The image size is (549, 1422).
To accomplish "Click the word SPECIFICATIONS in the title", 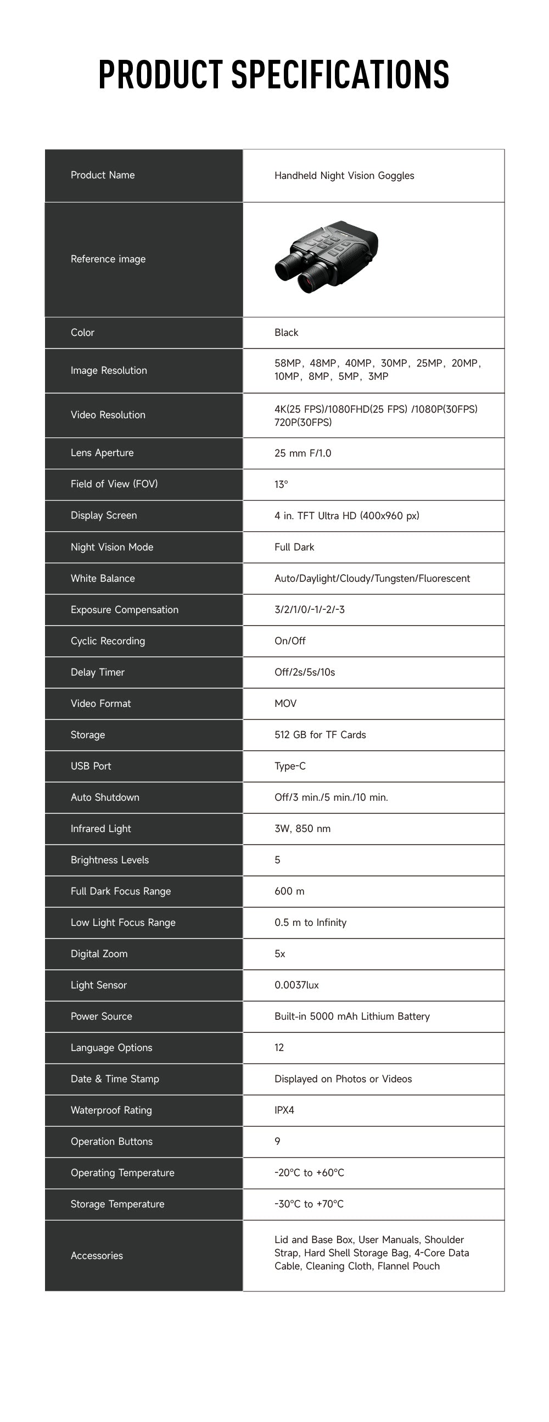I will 340,75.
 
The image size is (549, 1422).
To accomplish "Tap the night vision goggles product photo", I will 327,257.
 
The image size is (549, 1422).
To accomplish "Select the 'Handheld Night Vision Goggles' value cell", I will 344,176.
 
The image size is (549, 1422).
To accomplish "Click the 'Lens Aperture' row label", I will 102,453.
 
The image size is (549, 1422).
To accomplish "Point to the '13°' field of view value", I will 281,484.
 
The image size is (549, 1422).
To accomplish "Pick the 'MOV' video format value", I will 285,703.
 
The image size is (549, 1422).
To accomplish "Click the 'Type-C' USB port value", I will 290,766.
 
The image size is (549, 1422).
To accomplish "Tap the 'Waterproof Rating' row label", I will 111,1110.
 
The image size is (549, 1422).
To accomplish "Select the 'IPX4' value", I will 284,1110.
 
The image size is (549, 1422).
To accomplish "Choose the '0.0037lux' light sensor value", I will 296,985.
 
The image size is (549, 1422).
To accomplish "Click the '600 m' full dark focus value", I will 289,891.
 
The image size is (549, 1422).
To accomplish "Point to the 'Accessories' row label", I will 97,1255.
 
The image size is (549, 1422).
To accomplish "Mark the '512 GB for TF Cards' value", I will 321,735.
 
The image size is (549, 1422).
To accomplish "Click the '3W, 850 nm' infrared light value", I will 302,829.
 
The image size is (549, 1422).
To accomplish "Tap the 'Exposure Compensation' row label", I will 124,609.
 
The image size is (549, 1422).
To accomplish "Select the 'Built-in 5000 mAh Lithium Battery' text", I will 352,1016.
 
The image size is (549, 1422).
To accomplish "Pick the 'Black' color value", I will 286,333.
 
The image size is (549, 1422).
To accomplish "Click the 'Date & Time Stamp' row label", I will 115,1078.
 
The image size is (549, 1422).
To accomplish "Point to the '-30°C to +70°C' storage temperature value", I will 309,1204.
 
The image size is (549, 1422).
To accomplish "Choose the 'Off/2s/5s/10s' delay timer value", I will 305,672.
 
